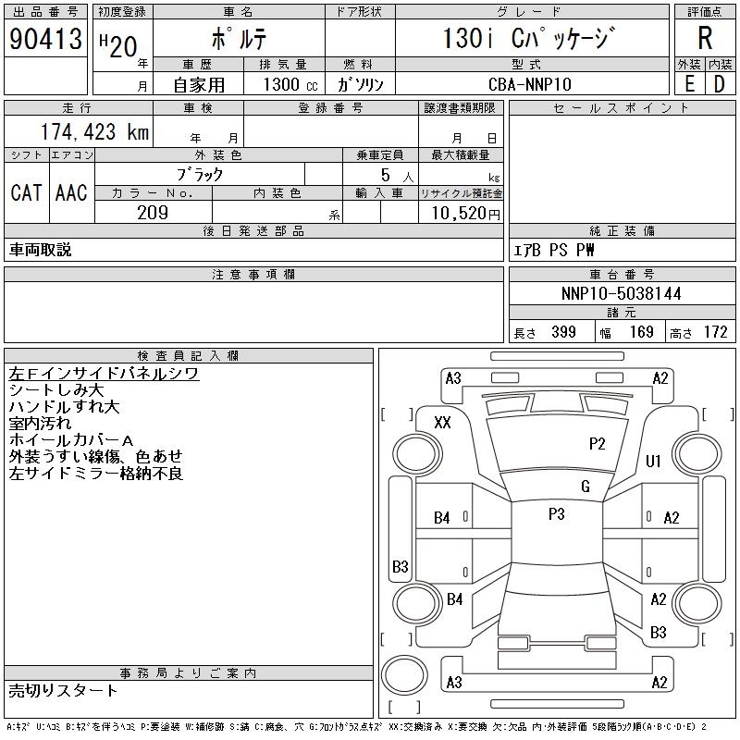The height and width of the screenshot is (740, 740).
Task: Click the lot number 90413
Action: tap(44, 39)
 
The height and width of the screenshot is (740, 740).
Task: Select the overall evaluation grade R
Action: tap(705, 39)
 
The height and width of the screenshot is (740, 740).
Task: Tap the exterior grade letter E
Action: tap(689, 83)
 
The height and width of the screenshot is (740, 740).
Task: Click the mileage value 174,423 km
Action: tap(95, 131)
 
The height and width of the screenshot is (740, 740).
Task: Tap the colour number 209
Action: tap(153, 213)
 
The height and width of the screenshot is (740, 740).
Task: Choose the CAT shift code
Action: tap(26, 192)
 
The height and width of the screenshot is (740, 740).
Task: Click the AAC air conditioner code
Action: tap(71, 192)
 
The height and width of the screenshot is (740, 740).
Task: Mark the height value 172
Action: tap(715, 332)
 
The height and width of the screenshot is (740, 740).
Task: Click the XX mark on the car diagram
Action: tap(442, 422)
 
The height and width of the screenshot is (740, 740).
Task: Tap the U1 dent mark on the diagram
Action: tap(653, 460)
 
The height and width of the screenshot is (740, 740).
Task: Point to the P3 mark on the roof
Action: tap(556, 514)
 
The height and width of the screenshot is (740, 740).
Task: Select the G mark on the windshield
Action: tap(585, 486)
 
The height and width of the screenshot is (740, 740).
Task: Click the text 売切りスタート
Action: tap(64, 690)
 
